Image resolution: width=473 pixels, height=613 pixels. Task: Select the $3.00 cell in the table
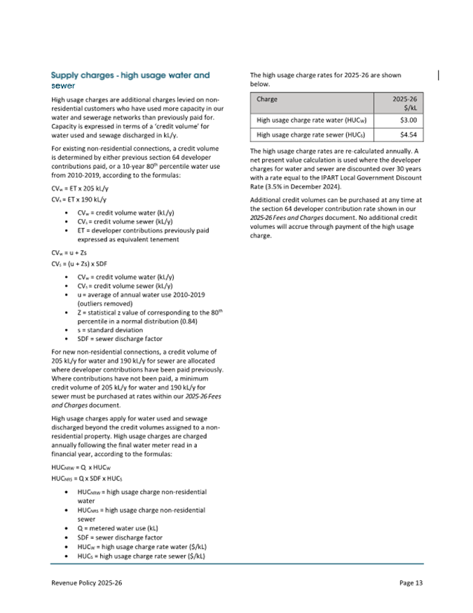399,120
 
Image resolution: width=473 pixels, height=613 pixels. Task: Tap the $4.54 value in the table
399,135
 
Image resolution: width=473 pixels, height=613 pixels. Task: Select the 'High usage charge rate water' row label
313,120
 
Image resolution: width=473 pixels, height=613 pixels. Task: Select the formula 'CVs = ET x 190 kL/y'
79,200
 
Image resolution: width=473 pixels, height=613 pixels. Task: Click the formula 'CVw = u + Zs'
69,252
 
